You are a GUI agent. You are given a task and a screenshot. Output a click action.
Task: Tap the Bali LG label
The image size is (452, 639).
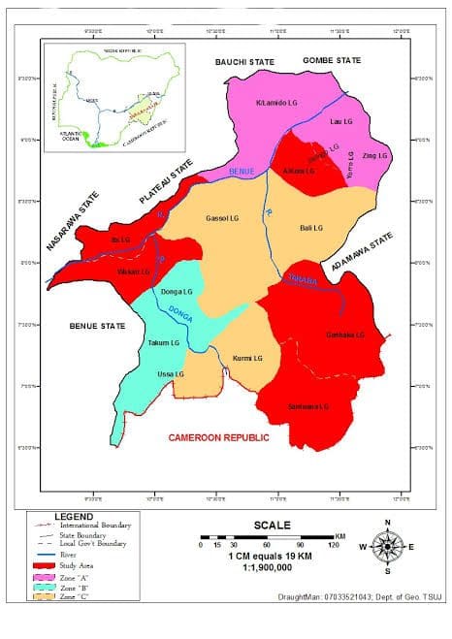[310, 227]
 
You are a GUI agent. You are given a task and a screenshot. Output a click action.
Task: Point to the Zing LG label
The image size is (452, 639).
[375, 155]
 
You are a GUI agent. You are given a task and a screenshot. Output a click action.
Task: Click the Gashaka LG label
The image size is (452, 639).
[345, 335]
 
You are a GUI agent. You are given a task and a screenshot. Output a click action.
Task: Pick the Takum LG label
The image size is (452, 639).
[164, 343]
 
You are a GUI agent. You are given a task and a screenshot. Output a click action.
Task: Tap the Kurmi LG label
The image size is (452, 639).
[247, 359]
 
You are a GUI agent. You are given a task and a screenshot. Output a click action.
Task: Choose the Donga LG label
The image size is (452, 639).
[177, 291]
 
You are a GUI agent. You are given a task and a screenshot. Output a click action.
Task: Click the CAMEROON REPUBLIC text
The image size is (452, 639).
[218, 437]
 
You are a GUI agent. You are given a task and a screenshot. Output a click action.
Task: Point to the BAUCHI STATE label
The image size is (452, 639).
[244, 62]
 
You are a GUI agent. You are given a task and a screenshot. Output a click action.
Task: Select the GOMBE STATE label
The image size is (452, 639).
[332, 60]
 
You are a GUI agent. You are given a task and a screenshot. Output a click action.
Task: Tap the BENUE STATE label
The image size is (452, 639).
[98, 327]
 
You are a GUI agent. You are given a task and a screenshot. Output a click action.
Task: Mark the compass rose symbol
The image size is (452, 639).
[387, 546]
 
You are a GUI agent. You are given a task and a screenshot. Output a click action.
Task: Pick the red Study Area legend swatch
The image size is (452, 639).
[43, 564]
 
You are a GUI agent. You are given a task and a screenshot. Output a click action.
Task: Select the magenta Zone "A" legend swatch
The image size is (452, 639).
[43, 576]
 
